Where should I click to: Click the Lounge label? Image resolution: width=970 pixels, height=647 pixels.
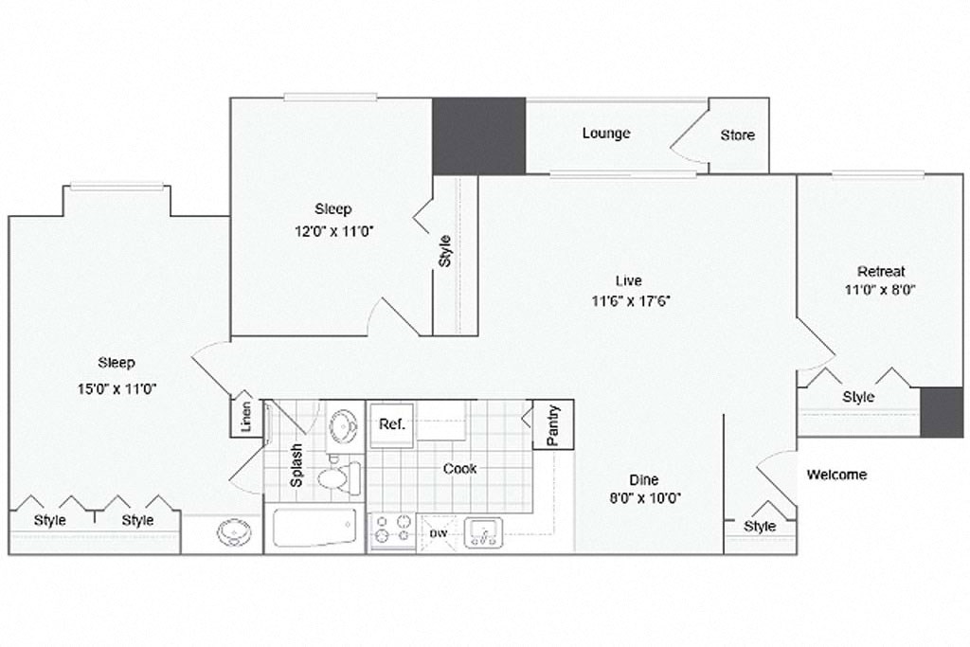point(606,134)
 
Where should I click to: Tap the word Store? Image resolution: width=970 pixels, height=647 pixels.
point(737,135)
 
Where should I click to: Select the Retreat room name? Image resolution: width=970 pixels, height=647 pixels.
point(881,271)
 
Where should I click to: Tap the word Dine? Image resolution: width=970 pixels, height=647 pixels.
point(643,479)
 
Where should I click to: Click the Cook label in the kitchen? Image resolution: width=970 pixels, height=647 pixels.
point(460,468)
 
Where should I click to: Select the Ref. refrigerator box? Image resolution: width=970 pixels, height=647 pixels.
point(392,424)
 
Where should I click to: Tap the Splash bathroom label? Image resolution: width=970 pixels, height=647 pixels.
point(296,465)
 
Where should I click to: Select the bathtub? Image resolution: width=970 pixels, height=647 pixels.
point(314,528)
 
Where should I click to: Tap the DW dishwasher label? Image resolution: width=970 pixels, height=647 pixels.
point(438,534)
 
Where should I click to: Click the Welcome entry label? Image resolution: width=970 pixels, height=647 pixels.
point(836,475)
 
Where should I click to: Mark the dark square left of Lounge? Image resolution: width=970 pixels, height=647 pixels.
point(478,135)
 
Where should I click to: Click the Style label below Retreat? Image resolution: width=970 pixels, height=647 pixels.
point(858,397)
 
